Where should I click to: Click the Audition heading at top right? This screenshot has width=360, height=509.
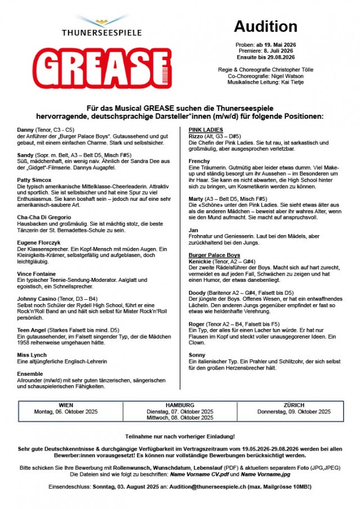click(x=265, y=26)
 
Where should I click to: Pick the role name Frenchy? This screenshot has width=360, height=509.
click(x=199, y=161)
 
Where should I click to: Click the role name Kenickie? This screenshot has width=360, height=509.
click(x=200, y=262)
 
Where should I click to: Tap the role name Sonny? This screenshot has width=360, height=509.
click(x=196, y=355)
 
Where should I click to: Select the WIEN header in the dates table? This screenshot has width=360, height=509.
click(x=66, y=405)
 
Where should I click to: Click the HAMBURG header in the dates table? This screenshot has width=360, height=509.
click(x=180, y=405)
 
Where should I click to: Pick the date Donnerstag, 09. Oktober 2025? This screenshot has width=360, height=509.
click(x=294, y=412)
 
